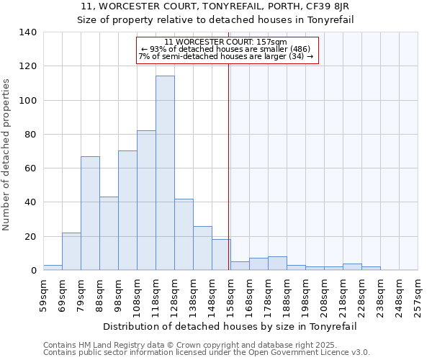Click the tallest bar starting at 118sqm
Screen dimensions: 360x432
(165, 173)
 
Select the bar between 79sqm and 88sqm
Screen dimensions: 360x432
(90, 213)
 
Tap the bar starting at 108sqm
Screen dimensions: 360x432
(146, 200)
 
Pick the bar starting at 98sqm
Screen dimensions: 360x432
(127, 210)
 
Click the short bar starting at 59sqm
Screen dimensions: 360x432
(53, 267)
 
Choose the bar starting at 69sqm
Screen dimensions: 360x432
(71, 251)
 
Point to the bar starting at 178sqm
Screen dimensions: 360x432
(277, 264)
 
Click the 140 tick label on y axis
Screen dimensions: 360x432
(27, 32)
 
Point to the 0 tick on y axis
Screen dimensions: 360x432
(33, 271)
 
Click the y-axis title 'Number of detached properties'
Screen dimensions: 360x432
(7, 155)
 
